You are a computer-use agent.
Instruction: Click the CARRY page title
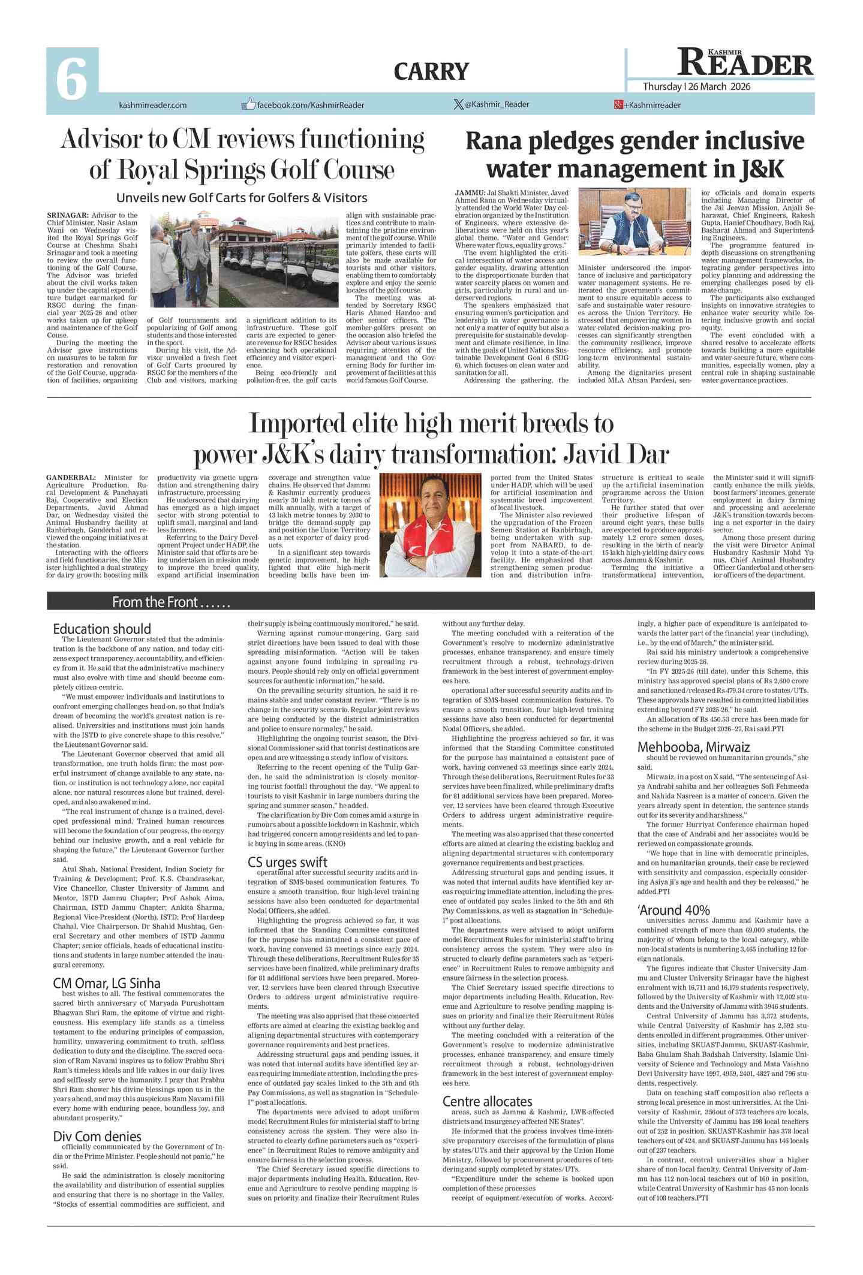[431, 72]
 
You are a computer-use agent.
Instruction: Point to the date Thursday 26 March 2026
[696, 87]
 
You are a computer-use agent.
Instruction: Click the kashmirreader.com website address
[153, 106]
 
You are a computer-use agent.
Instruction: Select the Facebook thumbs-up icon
[248, 104]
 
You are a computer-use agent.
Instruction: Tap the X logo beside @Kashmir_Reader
[458, 104]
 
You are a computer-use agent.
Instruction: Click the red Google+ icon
[618, 105]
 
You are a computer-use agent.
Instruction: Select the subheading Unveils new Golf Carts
[241, 198]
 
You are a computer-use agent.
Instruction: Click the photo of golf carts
[243, 261]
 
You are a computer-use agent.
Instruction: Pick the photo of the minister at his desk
[635, 222]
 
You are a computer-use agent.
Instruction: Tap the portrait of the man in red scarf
[431, 525]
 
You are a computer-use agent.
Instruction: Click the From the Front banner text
[171, 602]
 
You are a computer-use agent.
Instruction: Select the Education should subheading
[102, 629]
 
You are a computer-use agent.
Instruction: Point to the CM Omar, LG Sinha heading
[107, 983]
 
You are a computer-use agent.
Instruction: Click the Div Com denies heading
[97, 1137]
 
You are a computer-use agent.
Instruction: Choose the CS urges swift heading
[287, 862]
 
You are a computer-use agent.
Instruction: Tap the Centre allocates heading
[487, 1101]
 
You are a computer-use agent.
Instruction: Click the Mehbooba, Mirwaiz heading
[693, 747]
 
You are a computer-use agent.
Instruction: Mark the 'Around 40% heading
[673, 910]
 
